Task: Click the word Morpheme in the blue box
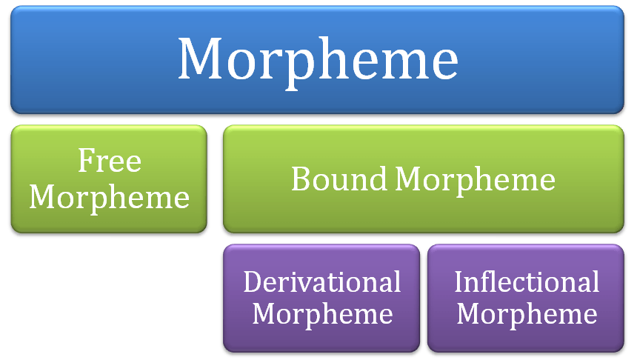click(x=318, y=59)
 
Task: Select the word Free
click(x=110, y=161)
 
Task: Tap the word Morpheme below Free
click(x=110, y=197)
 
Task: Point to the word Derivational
click(x=322, y=281)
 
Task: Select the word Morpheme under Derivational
click(x=322, y=313)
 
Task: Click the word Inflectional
click(x=527, y=281)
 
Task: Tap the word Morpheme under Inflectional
click(x=527, y=313)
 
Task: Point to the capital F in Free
click(x=84, y=161)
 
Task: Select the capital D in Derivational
click(x=253, y=281)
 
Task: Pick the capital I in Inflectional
click(x=458, y=281)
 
